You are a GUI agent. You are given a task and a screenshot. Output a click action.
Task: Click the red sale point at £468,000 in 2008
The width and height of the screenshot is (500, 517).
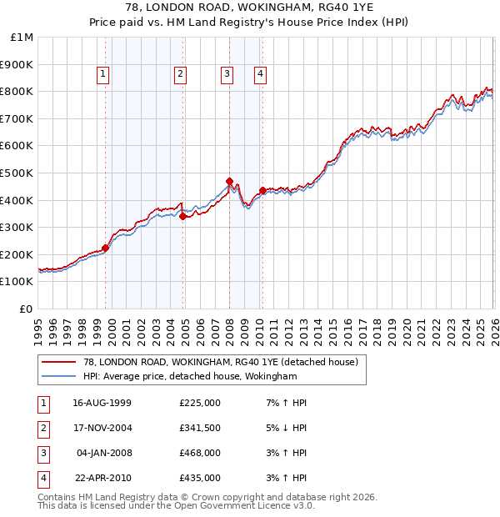(x=229, y=181)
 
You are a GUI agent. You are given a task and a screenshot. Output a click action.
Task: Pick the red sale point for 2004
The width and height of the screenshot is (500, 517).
(x=182, y=216)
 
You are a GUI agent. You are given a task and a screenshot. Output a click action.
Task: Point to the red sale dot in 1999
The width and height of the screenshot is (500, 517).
(x=106, y=248)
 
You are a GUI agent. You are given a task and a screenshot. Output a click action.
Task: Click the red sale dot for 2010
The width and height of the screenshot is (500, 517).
(x=262, y=190)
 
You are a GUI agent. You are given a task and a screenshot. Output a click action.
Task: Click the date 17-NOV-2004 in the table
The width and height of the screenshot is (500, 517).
(x=102, y=428)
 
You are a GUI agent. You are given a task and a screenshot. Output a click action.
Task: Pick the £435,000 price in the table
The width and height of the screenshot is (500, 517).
(x=200, y=478)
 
